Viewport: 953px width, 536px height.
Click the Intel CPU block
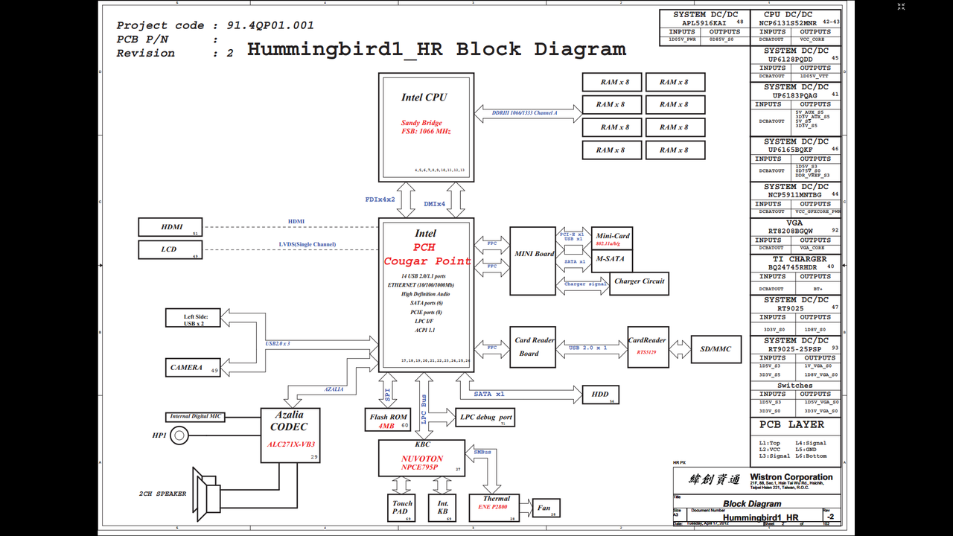tap(426, 127)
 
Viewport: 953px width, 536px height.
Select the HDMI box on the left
tap(171, 227)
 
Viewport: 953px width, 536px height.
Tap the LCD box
tap(171, 249)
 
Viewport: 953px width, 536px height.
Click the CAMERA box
tap(193, 367)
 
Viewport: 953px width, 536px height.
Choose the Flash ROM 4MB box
tap(388, 421)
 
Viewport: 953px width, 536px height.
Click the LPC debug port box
tap(485, 418)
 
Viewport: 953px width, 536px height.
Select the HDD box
tap(600, 395)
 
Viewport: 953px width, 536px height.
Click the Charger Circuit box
tap(639, 281)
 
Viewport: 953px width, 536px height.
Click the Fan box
tap(544, 508)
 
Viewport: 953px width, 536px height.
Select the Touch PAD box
tap(401, 508)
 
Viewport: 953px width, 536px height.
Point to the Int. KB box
tap(442, 508)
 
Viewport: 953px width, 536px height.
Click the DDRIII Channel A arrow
tap(527, 114)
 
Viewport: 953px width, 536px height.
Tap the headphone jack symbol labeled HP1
tap(179, 435)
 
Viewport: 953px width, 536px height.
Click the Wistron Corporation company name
tap(791, 477)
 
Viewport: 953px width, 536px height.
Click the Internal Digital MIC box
tap(195, 417)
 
